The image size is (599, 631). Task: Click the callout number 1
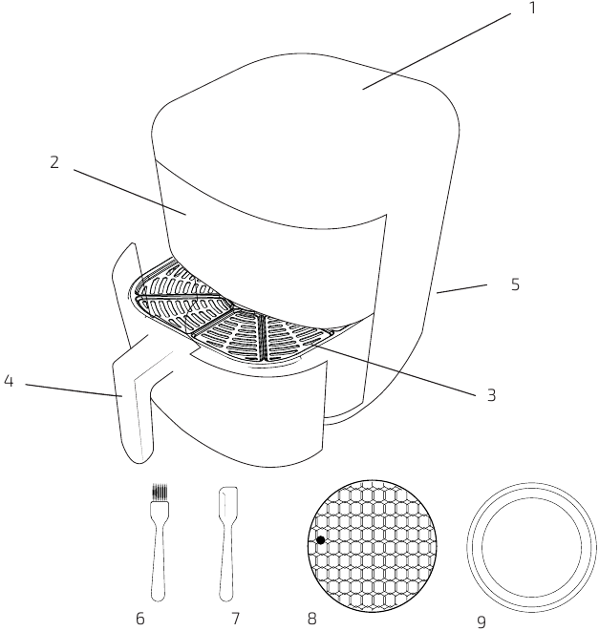[x=532, y=8]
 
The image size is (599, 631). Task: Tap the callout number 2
[x=54, y=162]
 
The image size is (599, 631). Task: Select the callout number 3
[x=491, y=395]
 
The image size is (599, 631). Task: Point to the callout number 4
[x=9, y=381]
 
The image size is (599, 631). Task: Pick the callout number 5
[x=515, y=284]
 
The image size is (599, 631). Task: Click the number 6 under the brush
[x=139, y=619]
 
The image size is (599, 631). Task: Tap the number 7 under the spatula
[x=236, y=619]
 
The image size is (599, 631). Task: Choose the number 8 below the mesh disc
[x=311, y=619]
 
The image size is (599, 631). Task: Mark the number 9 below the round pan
[x=481, y=622]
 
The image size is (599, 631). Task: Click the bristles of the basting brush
[x=160, y=493]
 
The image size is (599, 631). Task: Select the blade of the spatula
[x=228, y=502]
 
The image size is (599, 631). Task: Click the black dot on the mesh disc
[x=321, y=540]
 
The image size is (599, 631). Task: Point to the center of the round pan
[x=532, y=547]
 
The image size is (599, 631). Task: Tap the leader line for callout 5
[x=462, y=289]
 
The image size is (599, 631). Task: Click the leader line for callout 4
[x=74, y=390]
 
